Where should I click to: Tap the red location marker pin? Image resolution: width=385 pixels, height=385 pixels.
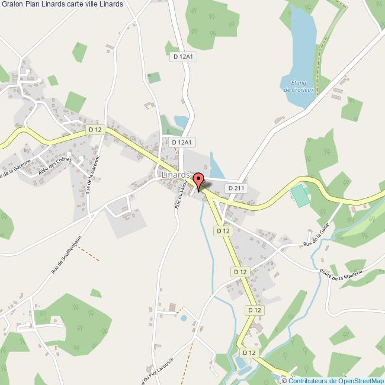click(198, 180)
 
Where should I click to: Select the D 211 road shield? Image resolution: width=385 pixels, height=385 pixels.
click(235, 188)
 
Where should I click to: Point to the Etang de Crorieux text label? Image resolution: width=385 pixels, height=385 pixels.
click(299, 86)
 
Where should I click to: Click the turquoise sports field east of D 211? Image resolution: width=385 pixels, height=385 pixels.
click(301, 196)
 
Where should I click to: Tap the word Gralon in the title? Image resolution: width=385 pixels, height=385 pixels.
click(12, 4)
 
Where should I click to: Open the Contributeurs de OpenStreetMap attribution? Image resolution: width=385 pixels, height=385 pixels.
click(336, 380)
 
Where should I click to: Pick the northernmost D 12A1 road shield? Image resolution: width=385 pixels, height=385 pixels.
click(183, 56)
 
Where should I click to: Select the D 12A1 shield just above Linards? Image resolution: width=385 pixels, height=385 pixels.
click(182, 142)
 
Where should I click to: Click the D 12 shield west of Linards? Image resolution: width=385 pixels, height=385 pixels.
click(95, 129)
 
